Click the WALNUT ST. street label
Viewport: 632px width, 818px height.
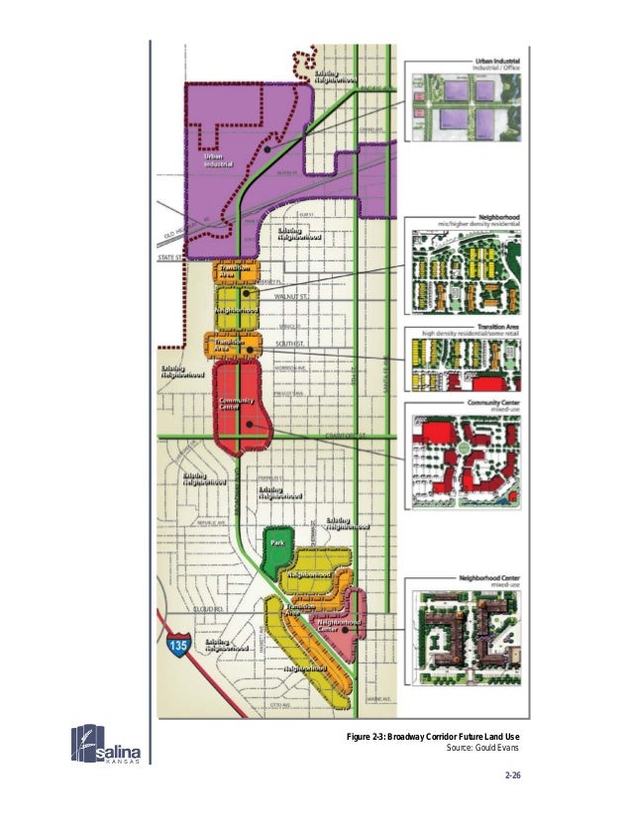(293, 295)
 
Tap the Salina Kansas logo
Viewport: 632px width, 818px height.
(110, 745)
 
